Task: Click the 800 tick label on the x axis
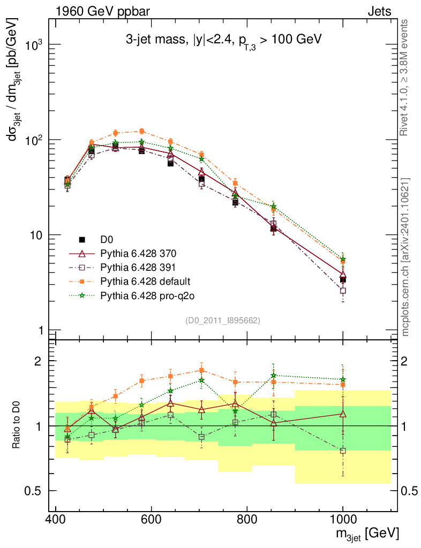pyautogui.click(x=247, y=519)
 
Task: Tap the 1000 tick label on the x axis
pyautogui.click(x=342, y=519)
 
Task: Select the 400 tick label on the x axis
pyautogui.click(x=56, y=519)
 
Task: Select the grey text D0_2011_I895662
pyautogui.click(x=223, y=321)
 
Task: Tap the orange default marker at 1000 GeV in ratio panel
pyautogui.click(x=343, y=384)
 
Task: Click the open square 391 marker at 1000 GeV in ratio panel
pyautogui.click(x=343, y=451)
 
